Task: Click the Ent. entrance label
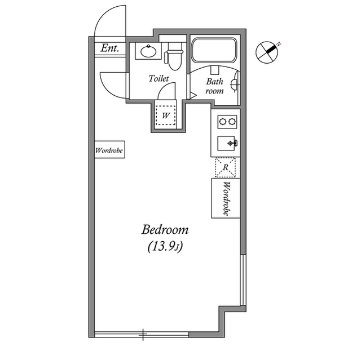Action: click(109, 48)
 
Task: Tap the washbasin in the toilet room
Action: click(148, 51)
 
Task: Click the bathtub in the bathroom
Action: click(214, 50)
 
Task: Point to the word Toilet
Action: click(159, 78)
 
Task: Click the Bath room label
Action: click(214, 86)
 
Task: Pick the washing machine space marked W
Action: click(165, 115)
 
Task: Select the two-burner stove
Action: click(227, 121)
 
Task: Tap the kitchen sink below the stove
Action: click(227, 144)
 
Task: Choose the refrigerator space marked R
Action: click(226, 167)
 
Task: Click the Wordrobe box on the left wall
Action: click(109, 149)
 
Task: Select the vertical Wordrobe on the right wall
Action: click(226, 198)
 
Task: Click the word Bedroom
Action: click(165, 230)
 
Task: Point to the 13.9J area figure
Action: click(165, 247)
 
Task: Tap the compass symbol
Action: click(267, 52)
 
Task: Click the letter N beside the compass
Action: click(279, 44)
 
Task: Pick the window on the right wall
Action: click(243, 280)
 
